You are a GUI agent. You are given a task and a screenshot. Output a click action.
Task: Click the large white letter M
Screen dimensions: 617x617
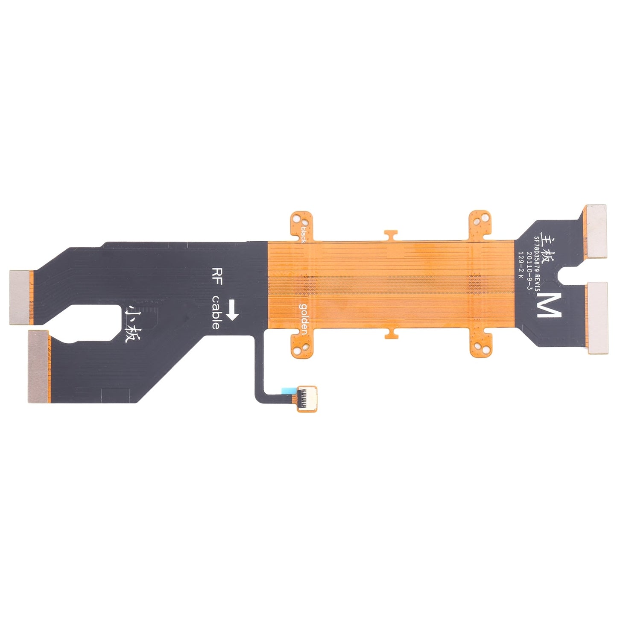(547, 305)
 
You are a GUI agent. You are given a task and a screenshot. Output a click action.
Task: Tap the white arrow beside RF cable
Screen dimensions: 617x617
(232, 310)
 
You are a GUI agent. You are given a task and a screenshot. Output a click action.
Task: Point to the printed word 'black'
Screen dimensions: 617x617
(304, 234)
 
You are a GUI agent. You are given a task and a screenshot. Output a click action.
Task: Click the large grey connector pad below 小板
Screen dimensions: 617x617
(39, 367)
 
